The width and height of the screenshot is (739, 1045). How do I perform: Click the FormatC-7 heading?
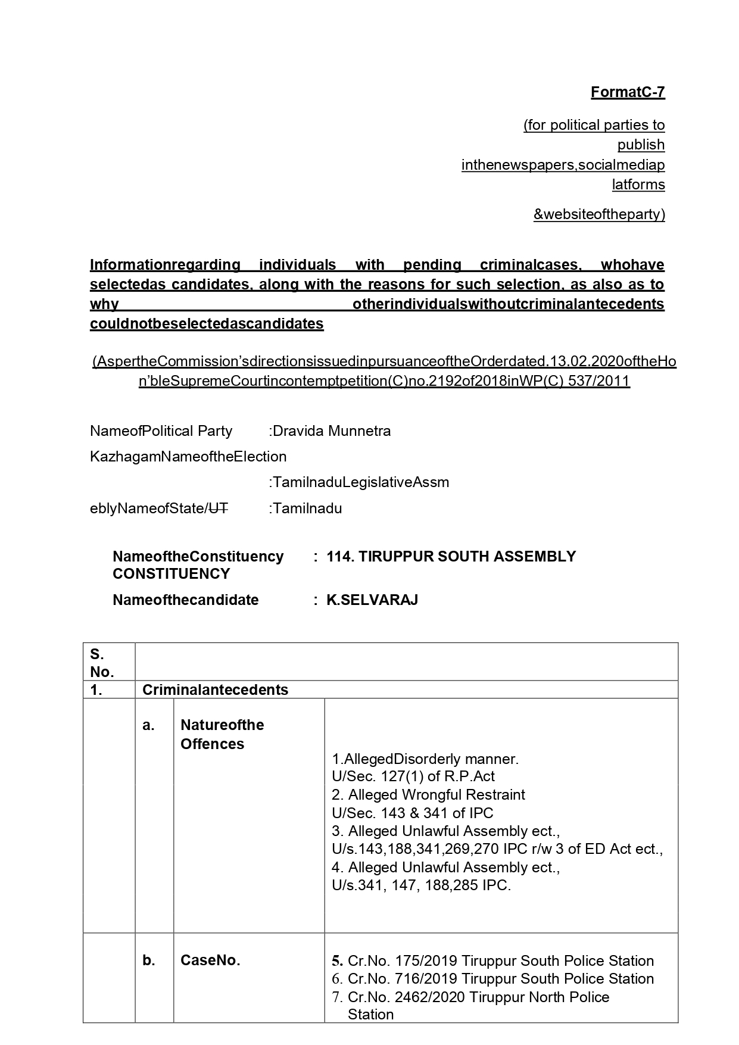click(627, 92)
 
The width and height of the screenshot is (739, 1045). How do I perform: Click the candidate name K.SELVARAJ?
click(372, 600)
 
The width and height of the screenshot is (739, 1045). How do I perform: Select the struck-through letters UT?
click(218, 509)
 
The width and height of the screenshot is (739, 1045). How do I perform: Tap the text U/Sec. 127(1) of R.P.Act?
click(413, 776)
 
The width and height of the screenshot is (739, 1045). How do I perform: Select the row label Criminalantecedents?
click(215, 690)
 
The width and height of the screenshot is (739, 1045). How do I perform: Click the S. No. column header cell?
click(102, 663)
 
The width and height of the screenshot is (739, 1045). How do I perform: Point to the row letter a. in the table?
click(148, 725)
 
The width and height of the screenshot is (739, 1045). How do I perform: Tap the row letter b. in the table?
click(149, 960)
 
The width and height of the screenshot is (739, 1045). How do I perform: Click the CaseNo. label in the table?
click(210, 960)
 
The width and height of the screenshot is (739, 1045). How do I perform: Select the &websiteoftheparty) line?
click(598, 214)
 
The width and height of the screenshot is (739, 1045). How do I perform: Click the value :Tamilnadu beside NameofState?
click(305, 509)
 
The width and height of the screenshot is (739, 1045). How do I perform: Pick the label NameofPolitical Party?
click(161, 431)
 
